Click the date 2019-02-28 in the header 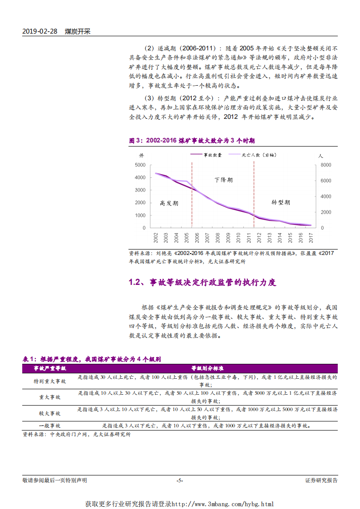click(x=39, y=32)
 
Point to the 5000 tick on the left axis click(x=140, y=165)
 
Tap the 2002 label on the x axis click(x=156, y=237)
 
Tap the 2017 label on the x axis click(x=311, y=237)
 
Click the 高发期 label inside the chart click(x=169, y=203)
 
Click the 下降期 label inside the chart click(x=223, y=180)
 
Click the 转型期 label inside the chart click(x=281, y=202)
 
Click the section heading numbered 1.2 click(x=202, y=283)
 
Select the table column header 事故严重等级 click(x=50, y=368)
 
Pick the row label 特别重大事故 click(x=50, y=382)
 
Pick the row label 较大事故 click(x=50, y=413)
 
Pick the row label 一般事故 click(x=50, y=426)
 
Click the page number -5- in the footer click(x=180, y=480)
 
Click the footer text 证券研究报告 click(x=321, y=480)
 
